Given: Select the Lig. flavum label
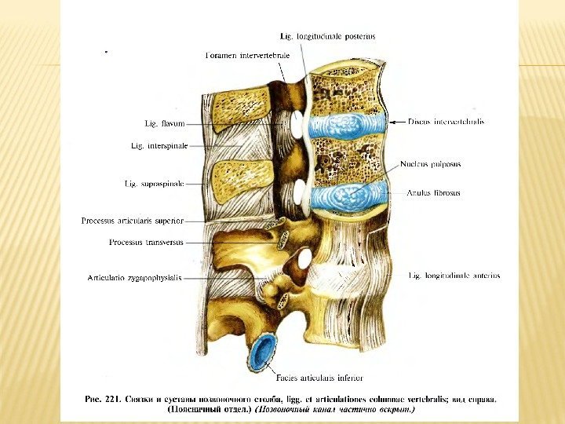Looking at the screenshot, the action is (x=164, y=123).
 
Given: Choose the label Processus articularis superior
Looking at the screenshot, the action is (x=132, y=221).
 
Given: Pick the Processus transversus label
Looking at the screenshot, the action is (x=146, y=243).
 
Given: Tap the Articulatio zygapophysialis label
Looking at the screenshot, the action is (x=134, y=277).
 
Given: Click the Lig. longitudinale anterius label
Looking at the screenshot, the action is (x=454, y=276).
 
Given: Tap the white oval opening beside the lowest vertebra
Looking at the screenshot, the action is (x=303, y=257).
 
